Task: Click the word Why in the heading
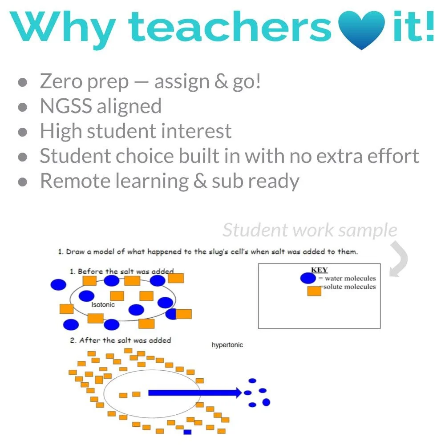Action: pos(65,28)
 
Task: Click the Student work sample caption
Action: pos(310,230)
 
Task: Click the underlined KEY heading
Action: pos(319,270)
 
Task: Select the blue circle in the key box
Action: pos(308,279)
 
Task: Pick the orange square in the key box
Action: pos(314,291)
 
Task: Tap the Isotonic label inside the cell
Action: pos(103,305)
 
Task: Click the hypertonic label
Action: pos(227,345)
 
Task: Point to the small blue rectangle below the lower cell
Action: pos(187,432)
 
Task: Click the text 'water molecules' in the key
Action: pos(350,279)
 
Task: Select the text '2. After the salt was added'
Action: pos(120,340)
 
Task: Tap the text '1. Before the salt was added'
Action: pos(121,271)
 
